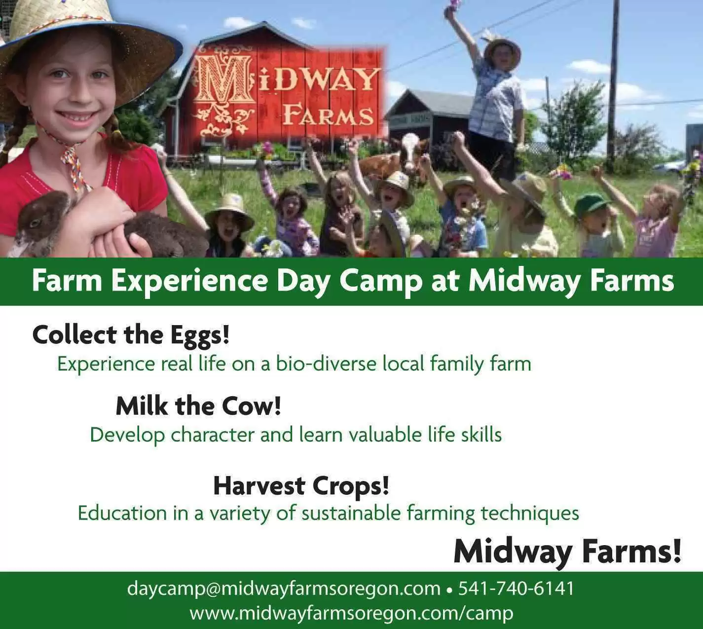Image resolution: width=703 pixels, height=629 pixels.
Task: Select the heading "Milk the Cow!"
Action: pyautogui.click(x=198, y=406)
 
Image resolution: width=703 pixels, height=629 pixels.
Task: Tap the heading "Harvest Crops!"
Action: pyautogui.click(x=301, y=486)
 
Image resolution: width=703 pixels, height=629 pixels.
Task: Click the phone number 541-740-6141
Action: pyautogui.click(x=516, y=588)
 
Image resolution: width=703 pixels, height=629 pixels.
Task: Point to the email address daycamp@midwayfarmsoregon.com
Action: pyautogui.click(x=284, y=589)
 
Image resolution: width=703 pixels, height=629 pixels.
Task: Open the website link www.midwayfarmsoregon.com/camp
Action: pyautogui.click(x=351, y=613)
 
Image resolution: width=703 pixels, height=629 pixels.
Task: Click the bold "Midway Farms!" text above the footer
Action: pyautogui.click(x=567, y=552)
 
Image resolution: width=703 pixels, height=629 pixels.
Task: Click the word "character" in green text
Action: pyautogui.click(x=213, y=434)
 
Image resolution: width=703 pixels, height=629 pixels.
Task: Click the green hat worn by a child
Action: pyautogui.click(x=590, y=204)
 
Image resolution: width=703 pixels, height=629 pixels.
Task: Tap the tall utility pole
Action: pyautogui.click(x=614, y=80)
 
